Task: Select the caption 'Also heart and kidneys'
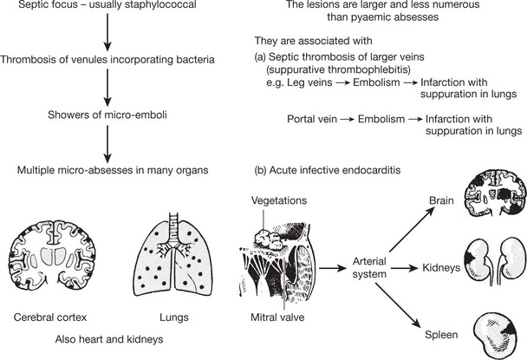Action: [107, 339]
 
